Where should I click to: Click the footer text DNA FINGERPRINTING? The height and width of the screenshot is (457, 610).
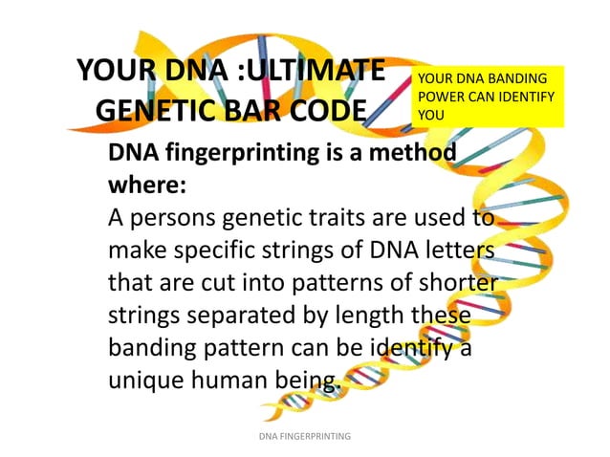click(x=305, y=436)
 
